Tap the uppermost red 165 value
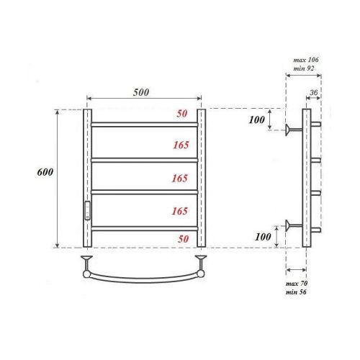tap(180, 145)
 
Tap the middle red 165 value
tap(180, 178)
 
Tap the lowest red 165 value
tap(180, 211)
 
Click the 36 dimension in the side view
tap(314, 92)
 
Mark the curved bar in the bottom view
tap(144, 275)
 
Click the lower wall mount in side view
tap(292, 225)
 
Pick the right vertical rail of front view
tap(202, 178)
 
